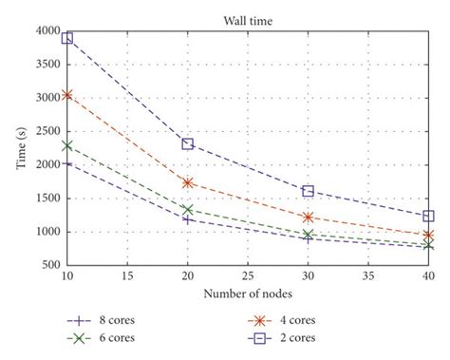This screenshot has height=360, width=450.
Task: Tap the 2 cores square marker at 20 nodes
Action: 188,143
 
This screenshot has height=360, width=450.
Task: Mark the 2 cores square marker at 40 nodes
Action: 428,217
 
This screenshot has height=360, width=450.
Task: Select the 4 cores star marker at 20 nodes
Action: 188,182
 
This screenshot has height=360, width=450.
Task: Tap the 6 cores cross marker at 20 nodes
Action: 188,210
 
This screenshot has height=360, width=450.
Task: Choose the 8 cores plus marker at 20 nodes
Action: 188,219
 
